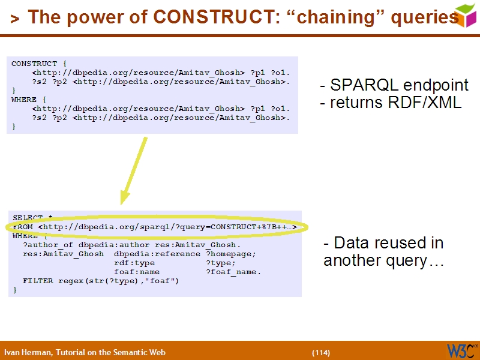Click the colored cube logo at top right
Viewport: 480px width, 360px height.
point(466,15)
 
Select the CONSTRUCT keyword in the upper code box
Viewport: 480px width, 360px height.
point(34,64)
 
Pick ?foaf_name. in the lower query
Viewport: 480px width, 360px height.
point(233,272)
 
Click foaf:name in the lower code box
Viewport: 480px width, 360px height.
point(137,272)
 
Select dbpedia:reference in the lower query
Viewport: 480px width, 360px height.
point(157,254)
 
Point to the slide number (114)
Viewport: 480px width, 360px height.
point(321,352)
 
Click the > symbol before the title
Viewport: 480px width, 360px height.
point(15,19)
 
